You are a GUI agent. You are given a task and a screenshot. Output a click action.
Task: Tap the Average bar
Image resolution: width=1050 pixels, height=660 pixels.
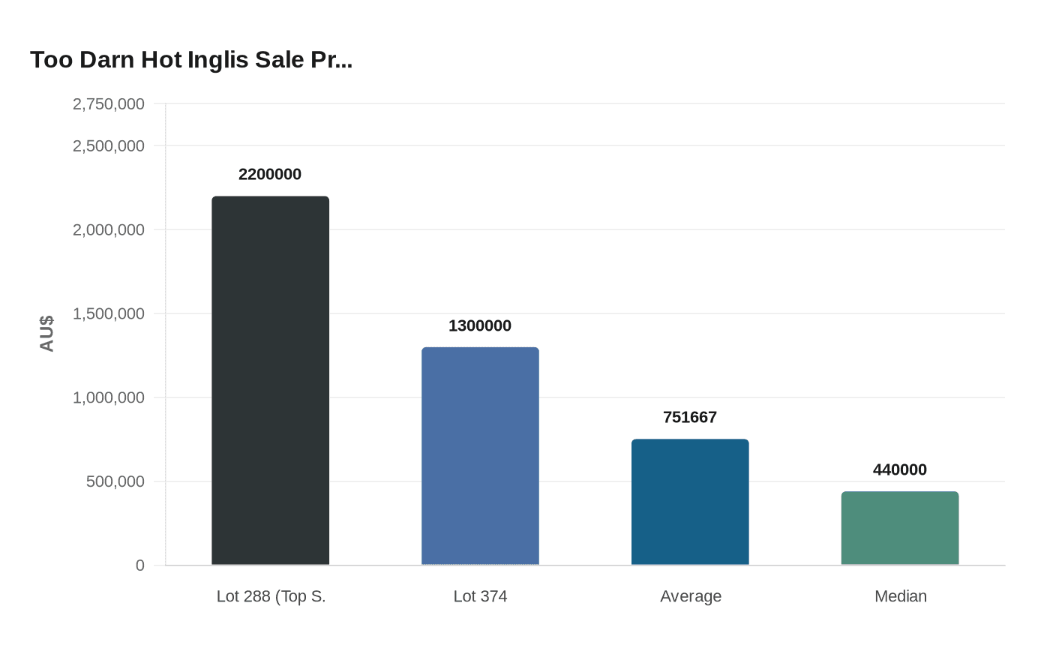point(690,502)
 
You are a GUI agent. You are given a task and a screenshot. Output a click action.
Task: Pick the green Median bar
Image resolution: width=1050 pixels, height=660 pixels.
point(900,528)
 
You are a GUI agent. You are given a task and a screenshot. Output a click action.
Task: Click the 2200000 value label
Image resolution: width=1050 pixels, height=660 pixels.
point(270,174)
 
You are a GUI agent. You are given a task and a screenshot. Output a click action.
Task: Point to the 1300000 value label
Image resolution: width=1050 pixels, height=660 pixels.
point(480,325)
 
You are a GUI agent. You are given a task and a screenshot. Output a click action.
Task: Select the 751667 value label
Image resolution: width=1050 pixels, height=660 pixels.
point(690,417)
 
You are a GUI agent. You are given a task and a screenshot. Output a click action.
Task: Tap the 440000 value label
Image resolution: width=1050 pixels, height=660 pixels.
point(900,469)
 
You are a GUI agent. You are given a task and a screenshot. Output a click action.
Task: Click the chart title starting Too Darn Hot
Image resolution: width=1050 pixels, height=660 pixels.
point(191,60)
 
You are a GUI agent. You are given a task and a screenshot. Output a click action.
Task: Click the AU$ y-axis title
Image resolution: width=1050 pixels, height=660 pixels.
point(47,333)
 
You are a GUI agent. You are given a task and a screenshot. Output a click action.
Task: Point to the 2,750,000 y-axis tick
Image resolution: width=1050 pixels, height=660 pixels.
point(109,104)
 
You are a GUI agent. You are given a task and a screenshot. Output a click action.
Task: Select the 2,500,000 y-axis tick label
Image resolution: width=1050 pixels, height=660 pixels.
point(109,145)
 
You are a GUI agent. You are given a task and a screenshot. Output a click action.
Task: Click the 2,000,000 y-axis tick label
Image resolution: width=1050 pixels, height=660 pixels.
point(109,229)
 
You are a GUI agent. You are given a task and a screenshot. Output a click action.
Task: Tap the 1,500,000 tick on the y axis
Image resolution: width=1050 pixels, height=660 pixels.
point(109,313)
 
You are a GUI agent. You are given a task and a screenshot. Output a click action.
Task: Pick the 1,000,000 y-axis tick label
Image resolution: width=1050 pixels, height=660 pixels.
point(109,397)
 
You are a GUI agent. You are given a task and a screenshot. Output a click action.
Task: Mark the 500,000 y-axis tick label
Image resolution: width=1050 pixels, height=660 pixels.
point(115,481)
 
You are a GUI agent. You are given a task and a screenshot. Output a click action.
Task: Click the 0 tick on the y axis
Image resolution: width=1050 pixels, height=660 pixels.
point(140,565)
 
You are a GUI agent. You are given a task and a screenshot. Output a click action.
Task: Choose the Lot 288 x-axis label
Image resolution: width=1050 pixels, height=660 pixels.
point(271,596)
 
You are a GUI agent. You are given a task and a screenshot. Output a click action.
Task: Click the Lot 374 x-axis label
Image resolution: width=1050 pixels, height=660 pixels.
point(480,596)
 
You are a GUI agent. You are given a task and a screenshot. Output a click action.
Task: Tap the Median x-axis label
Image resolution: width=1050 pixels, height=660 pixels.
point(901,596)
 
